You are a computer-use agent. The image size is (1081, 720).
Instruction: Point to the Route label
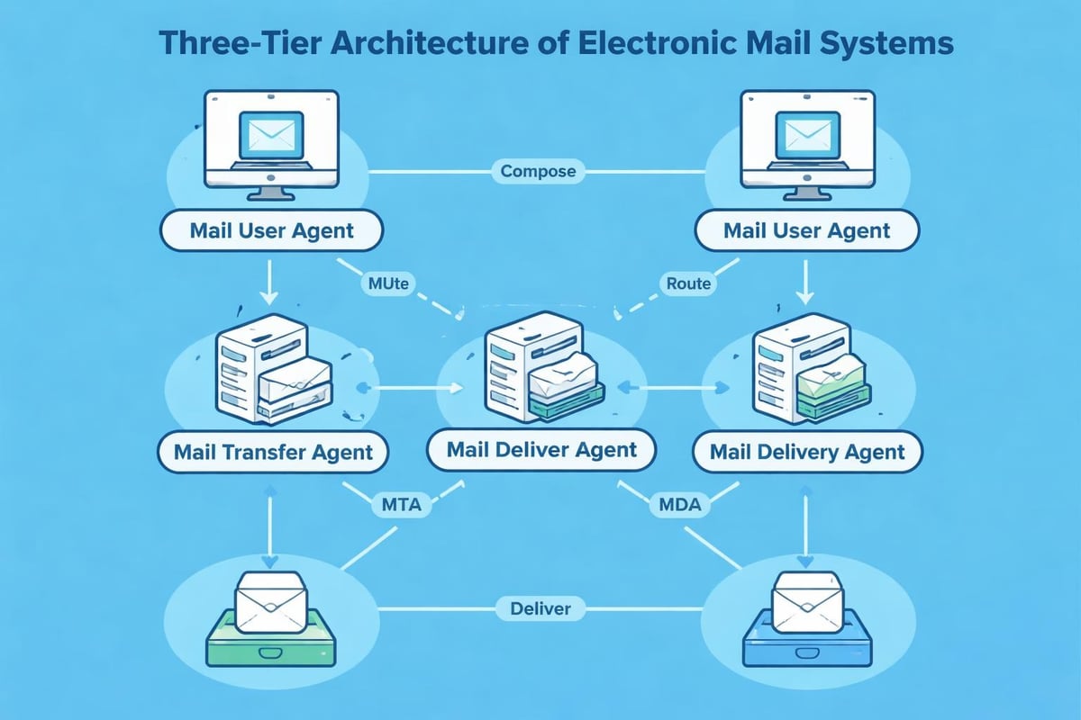[x=688, y=283]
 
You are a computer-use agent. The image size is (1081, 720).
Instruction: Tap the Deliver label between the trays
[x=540, y=609]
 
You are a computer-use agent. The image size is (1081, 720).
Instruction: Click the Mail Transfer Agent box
[x=273, y=451]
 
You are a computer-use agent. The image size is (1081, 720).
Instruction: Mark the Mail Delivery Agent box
[x=807, y=451]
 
